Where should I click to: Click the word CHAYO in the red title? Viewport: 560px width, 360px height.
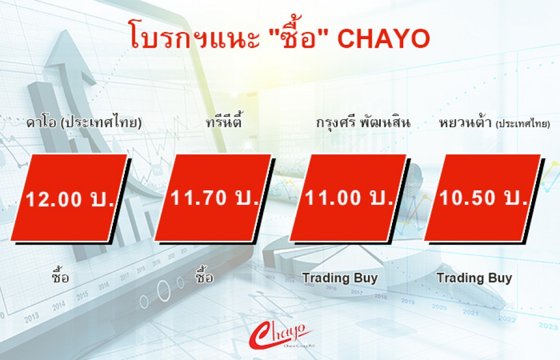click(x=384, y=39)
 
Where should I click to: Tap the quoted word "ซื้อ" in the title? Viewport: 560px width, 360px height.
click(x=293, y=36)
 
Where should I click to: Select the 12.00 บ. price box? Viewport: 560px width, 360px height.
click(x=69, y=198)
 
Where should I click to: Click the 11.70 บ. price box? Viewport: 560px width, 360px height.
click(x=213, y=198)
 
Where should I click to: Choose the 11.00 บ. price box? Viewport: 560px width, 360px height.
click(x=348, y=198)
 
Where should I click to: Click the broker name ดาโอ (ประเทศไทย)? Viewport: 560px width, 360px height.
click(x=84, y=123)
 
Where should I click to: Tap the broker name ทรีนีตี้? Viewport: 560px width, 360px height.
click(x=224, y=121)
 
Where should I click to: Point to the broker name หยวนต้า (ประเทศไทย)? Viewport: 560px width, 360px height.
click(x=494, y=123)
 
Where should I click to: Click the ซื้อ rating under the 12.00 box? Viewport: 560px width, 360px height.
click(x=60, y=275)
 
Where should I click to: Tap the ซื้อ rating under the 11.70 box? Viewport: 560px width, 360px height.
click(x=204, y=275)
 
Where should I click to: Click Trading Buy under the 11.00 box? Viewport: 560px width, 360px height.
click(x=340, y=278)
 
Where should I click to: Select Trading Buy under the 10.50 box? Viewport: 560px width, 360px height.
click(x=475, y=278)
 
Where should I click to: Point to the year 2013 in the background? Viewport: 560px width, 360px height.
click(x=31, y=317)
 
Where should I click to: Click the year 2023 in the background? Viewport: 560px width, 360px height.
click(x=548, y=325)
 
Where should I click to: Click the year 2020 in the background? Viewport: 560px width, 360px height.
click(x=439, y=307)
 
